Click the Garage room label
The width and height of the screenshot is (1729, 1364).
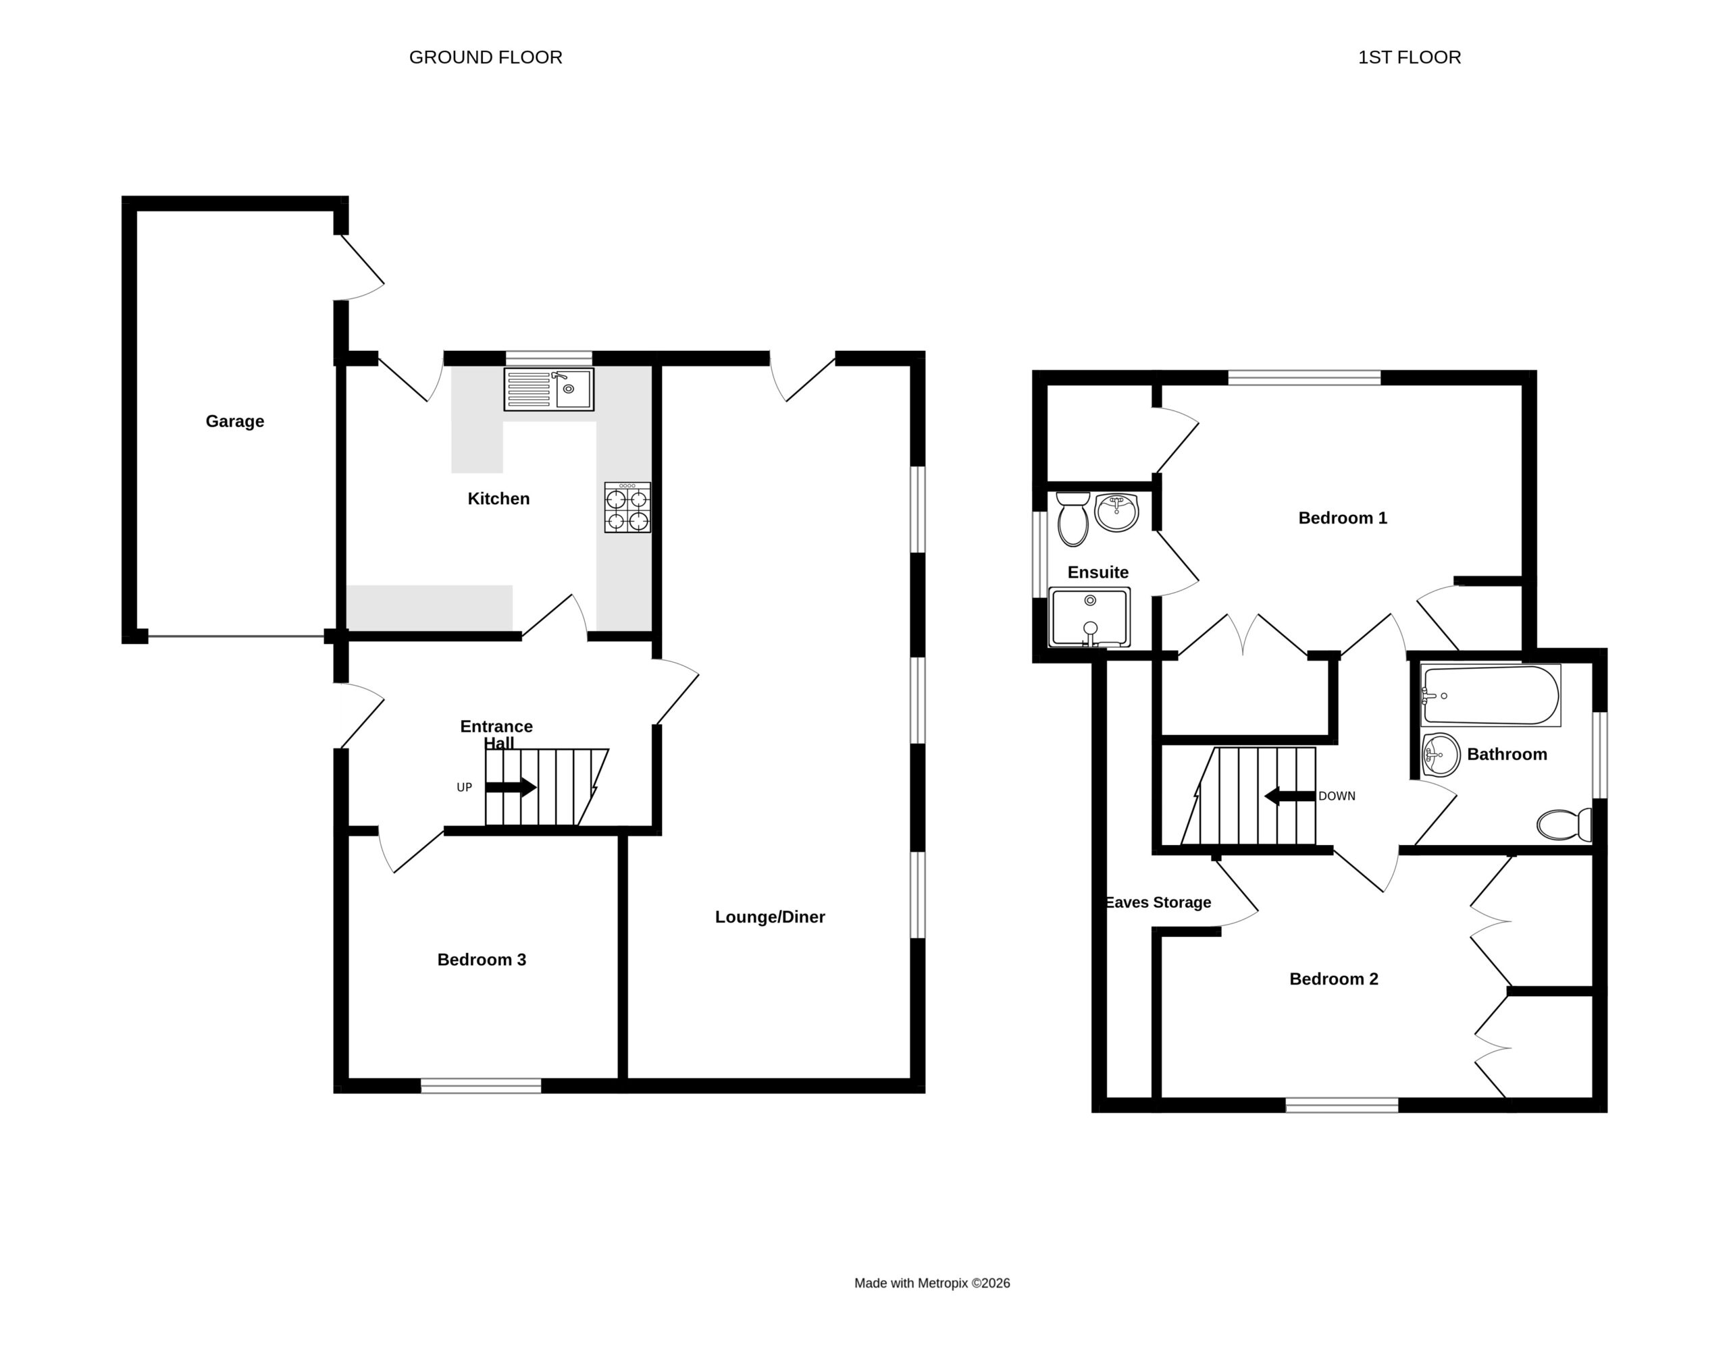234,421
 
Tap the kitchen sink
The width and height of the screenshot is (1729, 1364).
549,389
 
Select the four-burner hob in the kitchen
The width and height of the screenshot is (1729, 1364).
627,507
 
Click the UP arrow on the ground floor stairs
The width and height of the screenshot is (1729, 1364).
511,788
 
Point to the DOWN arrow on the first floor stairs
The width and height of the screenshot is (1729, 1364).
1289,796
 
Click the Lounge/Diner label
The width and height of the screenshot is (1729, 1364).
769,917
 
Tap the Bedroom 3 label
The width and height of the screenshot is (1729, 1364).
481,959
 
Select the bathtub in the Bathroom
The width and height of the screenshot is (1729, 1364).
1490,694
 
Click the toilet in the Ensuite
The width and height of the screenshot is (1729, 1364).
1073,518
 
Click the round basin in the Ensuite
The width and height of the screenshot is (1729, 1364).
1116,512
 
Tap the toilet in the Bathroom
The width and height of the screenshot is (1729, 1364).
1564,824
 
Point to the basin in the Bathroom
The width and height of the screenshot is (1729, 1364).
1441,755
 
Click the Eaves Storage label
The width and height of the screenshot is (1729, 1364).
1158,902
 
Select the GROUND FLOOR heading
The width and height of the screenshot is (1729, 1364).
486,57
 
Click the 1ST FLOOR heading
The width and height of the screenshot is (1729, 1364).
1410,57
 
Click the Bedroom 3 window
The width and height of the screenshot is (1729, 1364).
481,1085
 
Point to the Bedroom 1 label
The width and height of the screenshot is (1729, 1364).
1342,518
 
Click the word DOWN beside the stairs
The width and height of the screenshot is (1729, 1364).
1337,796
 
